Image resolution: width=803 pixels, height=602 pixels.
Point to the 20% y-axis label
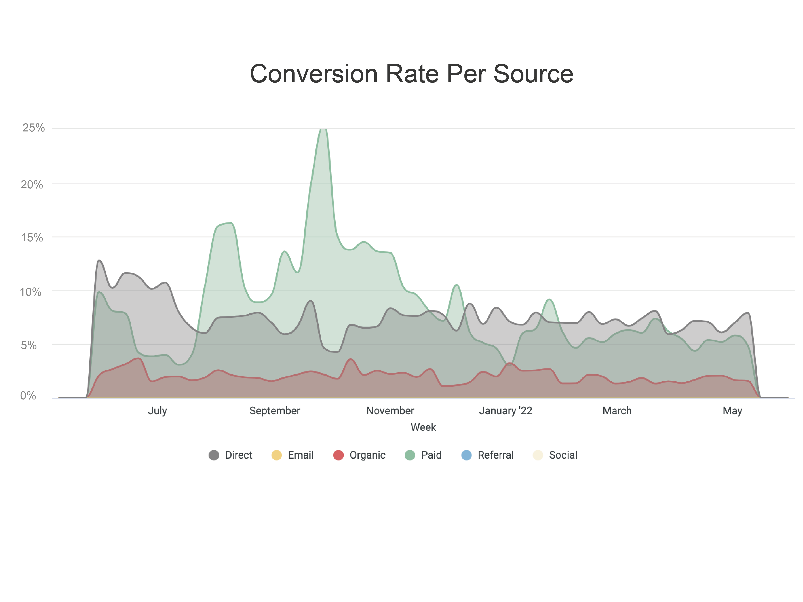tap(32, 185)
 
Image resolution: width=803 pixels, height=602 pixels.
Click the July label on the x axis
tap(157, 411)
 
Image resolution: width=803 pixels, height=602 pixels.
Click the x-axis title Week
tap(423, 427)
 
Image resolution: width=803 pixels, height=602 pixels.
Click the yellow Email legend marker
tap(277, 455)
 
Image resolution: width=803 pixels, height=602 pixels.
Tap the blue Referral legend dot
tap(467, 455)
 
